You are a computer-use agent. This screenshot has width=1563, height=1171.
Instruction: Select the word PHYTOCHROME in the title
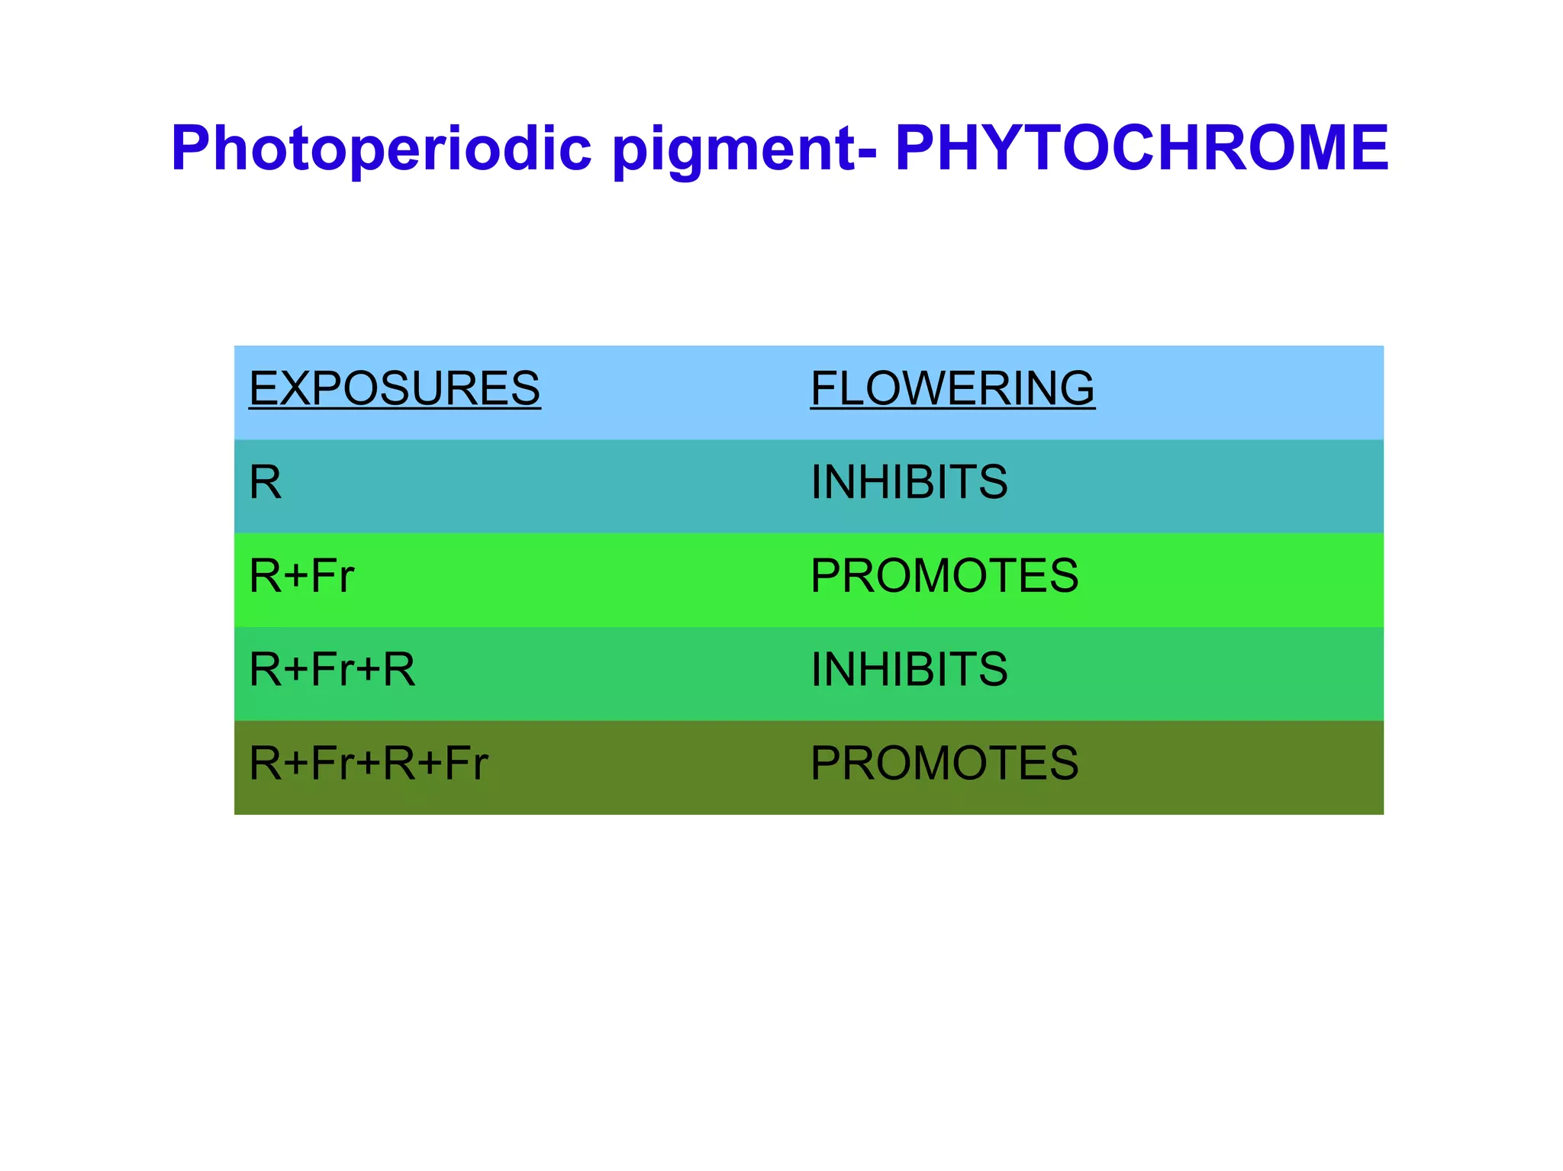coord(1142,148)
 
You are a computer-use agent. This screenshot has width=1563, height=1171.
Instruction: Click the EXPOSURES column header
coord(395,388)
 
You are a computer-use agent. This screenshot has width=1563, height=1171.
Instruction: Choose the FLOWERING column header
coord(952,388)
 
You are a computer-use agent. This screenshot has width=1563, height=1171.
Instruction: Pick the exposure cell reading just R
coord(265,482)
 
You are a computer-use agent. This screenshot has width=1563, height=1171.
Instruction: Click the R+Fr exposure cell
coord(301,576)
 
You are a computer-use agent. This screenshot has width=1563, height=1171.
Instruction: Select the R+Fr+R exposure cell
coord(332,670)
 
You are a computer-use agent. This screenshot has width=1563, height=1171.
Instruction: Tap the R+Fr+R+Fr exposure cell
coord(368,764)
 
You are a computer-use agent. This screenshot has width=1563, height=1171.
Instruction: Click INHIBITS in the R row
coord(909,482)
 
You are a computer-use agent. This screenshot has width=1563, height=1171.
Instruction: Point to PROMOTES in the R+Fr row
coord(944,576)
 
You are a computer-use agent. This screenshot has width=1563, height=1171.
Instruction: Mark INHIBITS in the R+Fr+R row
coord(909,670)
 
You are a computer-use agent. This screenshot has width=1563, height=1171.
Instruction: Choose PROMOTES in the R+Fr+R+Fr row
coord(944,764)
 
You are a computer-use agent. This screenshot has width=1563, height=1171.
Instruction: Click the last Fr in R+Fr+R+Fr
coord(466,764)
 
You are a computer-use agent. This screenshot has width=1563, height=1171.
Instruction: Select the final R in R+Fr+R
coord(398,670)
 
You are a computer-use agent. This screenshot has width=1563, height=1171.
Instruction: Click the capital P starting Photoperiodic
coord(191,148)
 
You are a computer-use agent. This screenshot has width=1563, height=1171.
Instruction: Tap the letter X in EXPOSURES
coord(298,388)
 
